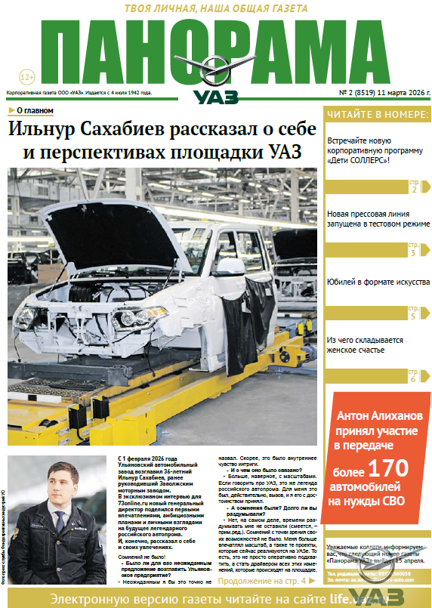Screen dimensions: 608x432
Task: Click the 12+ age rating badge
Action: pyautogui.click(x=26, y=77)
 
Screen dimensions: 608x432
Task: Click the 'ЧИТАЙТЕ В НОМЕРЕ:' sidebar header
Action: pyautogui.click(x=377, y=114)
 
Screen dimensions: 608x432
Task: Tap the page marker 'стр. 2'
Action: pyautogui.click(x=413, y=186)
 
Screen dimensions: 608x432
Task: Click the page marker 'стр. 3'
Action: pyautogui.click(x=413, y=249)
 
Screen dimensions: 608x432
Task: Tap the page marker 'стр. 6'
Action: pyautogui.click(x=413, y=375)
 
